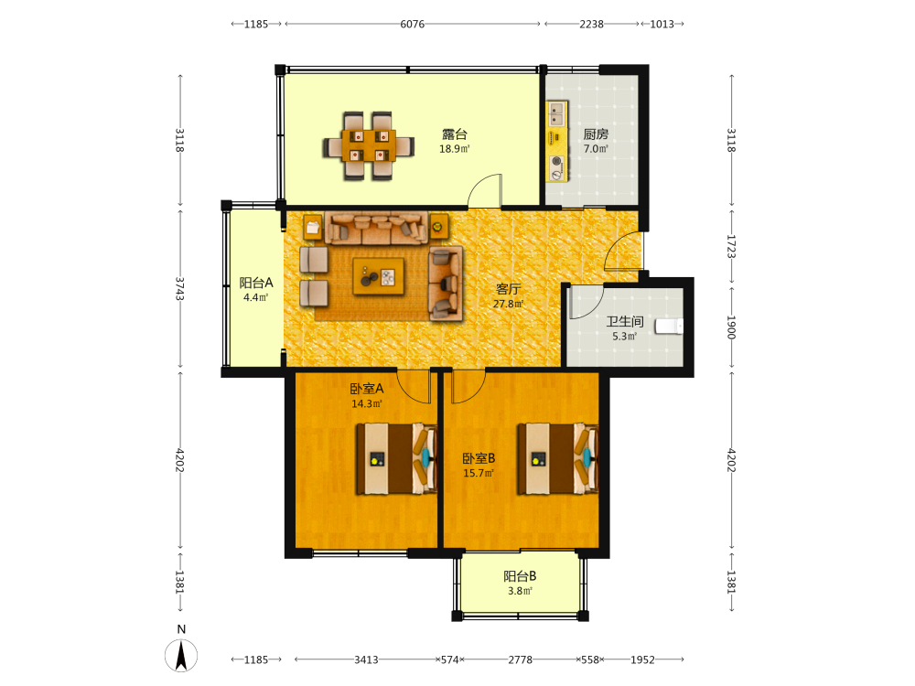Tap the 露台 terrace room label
coord(454,134)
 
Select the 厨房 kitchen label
coord(596,134)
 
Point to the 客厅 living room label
coord(508,289)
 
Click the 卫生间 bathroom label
coord(624,321)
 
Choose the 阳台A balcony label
coord(255,283)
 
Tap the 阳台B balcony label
coord(520,576)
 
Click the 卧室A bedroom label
coord(367,389)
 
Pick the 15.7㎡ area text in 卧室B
coord(479,473)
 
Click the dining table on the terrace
coord(369,145)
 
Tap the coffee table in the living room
coord(378,276)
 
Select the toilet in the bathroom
coord(669,327)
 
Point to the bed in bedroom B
coord(558,459)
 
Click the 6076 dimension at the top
coord(412,24)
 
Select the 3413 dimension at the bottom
coord(366,659)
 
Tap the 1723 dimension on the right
coord(731,246)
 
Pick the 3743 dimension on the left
coord(179,289)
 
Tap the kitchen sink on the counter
coord(556,113)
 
